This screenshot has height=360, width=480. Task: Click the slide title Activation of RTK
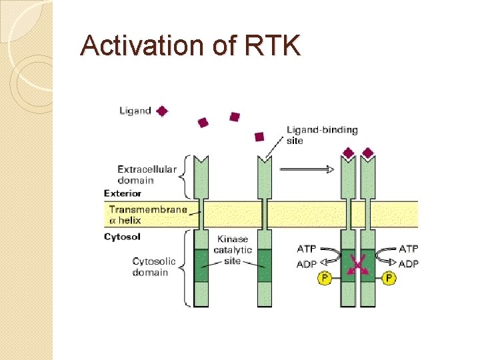click(x=191, y=46)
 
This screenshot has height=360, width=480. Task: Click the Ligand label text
click(x=135, y=111)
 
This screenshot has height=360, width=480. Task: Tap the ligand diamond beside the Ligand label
click(x=161, y=111)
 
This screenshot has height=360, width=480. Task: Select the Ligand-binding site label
click(x=322, y=135)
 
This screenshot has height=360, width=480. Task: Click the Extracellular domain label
click(x=147, y=174)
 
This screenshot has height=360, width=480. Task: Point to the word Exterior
click(x=123, y=193)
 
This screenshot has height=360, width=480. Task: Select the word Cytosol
click(x=122, y=237)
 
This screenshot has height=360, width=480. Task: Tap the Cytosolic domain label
click(x=154, y=266)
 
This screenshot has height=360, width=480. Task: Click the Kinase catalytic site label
click(x=233, y=249)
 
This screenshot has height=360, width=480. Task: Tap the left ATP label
click(x=307, y=249)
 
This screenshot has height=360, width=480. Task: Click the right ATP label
click(x=408, y=249)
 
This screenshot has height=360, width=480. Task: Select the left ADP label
click(x=307, y=264)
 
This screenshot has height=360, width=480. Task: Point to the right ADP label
click(x=408, y=264)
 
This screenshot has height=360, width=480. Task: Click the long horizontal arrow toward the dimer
click(x=307, y=169)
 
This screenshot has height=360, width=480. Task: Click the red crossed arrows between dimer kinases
click(x=357, y=265)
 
